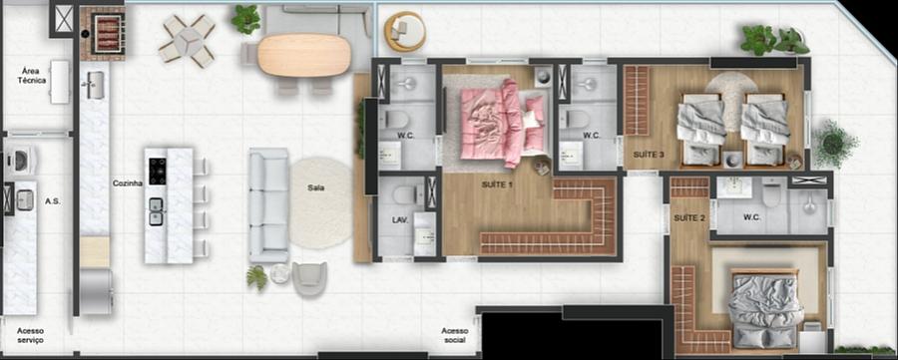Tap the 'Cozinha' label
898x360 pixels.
click(x=127, y=183)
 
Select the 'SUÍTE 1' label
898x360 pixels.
click(x=498, y=184)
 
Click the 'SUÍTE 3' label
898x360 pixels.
click(x=649, y=155)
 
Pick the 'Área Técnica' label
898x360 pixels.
click(x=34, y=76)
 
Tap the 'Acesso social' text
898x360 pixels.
click(x=455, y=335)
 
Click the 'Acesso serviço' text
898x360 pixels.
click(x=30, y=335)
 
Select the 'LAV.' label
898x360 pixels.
click(x=399, y=219)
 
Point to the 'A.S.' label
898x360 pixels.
click(x=53, y=201)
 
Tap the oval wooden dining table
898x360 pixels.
click(x=304, y=56)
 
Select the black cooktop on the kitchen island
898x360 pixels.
click(x=158, y=172)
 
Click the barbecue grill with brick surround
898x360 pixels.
click(x=103, y=33)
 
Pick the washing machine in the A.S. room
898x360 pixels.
click(x=19, y=160)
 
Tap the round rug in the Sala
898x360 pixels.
click(x=320, y=202)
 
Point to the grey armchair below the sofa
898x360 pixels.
click(x=309, y=279)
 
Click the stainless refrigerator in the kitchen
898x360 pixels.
click(x=96, y=292)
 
